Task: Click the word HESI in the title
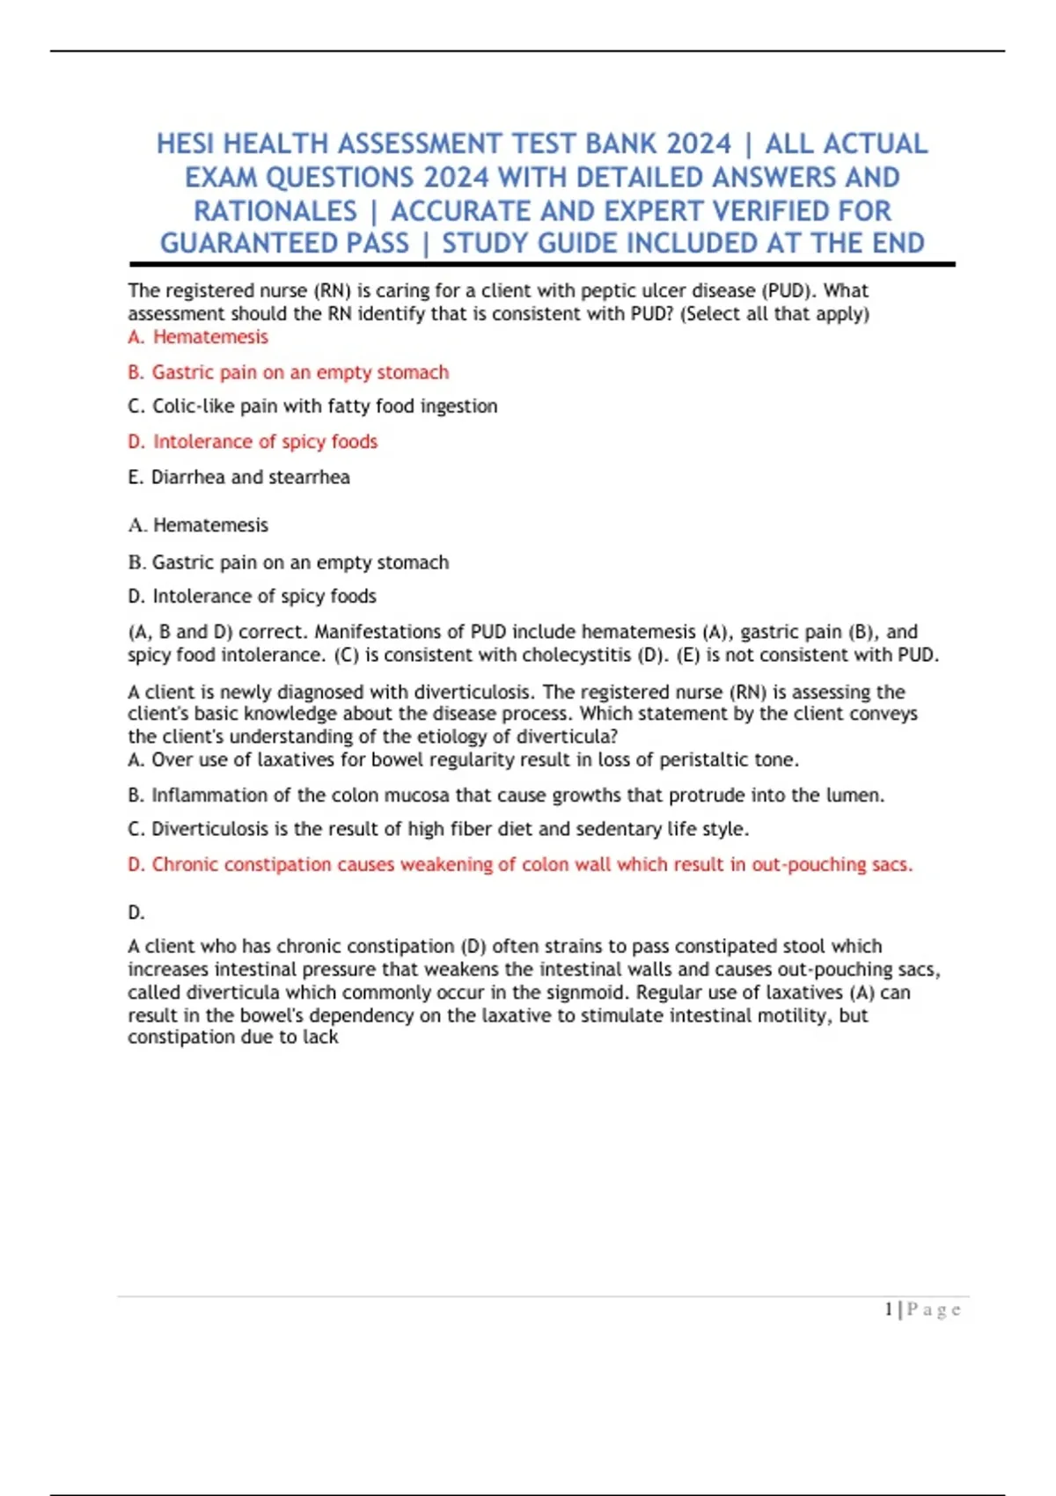tap(186, 143)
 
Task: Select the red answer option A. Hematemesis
tap(198, 337)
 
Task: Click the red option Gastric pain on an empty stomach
tap(288, 372)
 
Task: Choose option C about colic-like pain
tap(312, 406)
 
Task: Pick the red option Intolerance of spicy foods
tap(253, 441)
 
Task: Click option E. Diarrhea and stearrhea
tap(238, 477)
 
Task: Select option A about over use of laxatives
tap(463, 759)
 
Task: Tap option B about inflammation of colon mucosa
tap(506, 795)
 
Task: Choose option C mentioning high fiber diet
tap(438, 829)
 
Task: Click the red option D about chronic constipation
tap(520, 864)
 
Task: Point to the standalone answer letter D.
tap(136, 913)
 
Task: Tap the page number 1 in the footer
tap(889, 1309)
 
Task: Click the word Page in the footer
tap(934, 1309)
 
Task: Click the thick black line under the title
tap(542, 264)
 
